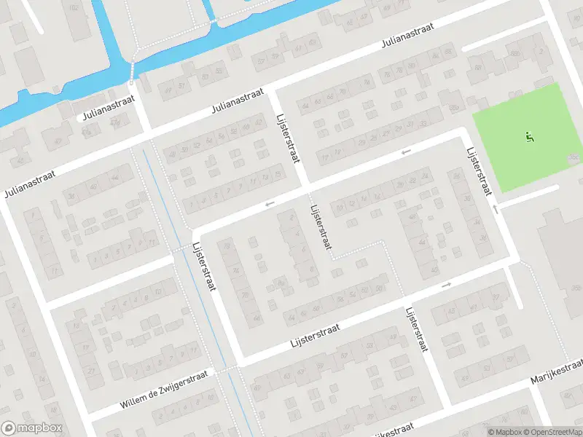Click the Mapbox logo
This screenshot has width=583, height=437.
tap(32, 428)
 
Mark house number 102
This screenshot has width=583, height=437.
tap(72, 7)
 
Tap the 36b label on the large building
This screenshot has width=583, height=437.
tap(576, 157)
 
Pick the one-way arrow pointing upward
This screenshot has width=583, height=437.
tap(495, 209)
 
